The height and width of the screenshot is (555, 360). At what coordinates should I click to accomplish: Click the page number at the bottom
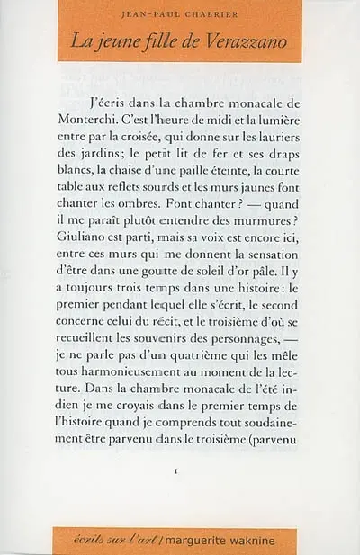click(180, 470)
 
